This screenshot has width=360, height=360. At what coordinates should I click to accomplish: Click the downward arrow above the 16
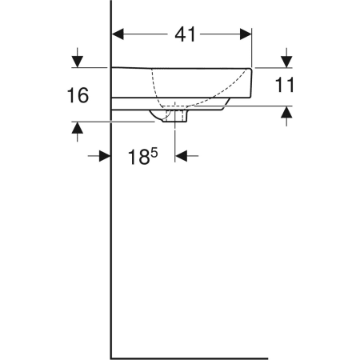tap(78, 59)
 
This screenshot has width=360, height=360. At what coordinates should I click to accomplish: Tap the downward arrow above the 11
tap(286, 60)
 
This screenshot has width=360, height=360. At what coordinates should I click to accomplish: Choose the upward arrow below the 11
tap(286, 115)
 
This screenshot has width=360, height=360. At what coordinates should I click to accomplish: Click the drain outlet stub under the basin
tap(176, 117)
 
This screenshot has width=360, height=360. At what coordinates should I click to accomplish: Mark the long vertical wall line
tap(110, 240)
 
